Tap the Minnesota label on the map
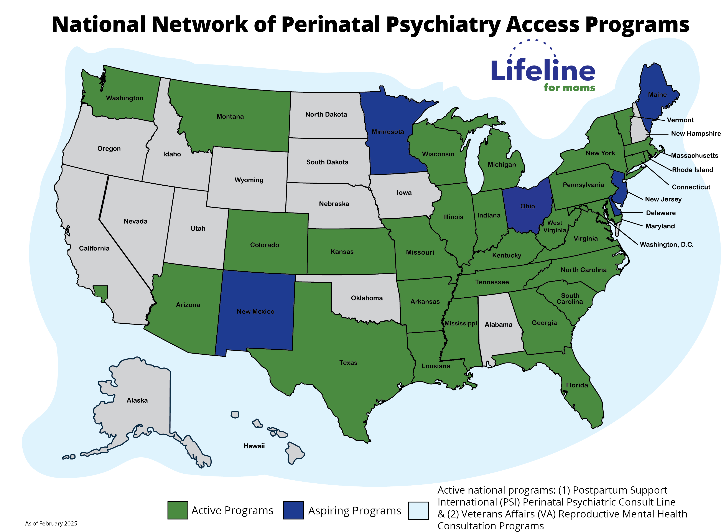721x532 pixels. (x=387, y=132)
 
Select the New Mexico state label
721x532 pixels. (x=255, y=311)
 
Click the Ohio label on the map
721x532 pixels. (x=527, y=206)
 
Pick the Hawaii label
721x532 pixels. (x=254, y=446)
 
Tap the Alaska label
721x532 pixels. (x=137, y=400)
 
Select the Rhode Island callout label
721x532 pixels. (x=692, y=170)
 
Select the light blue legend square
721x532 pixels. (x=418, y=511)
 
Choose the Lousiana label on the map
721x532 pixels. (x=436, y=366)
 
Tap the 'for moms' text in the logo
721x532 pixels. (x=569, y=88)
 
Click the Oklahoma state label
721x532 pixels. (x=367, y=298)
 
